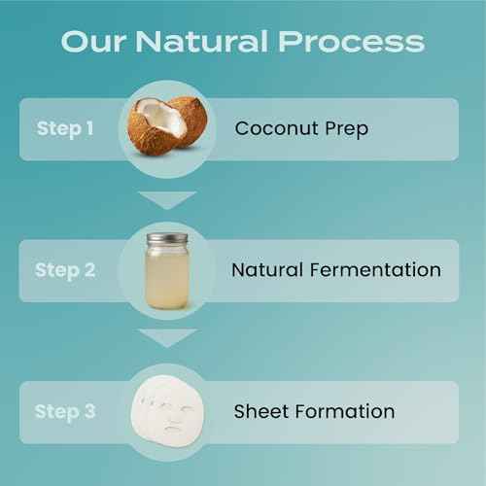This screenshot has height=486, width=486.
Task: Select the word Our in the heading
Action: (x=93, y=42)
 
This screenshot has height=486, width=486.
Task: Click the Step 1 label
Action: (x=65, y=128)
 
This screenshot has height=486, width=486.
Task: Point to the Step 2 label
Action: (x=65, y=270)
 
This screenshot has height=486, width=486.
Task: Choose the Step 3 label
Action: (x=65, y=411)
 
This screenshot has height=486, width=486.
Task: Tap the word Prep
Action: (x=348, y=129)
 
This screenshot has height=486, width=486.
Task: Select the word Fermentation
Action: (x=375, y=270)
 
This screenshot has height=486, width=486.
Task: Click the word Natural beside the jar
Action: (x=266, y=270)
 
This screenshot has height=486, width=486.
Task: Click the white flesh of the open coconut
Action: (x=156, y=119)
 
